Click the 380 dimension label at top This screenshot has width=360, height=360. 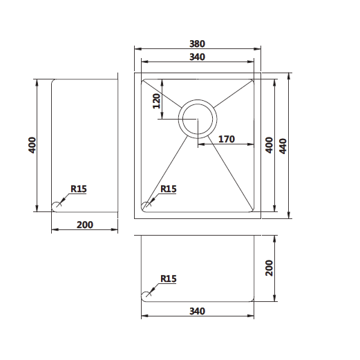pyautogui.click(x=197, y=44)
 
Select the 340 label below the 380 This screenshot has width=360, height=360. pyautogui.click(x=197, y=57)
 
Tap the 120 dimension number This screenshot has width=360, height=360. pyautogui.click(x=157, y=101)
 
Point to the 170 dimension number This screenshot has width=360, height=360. pyautogui.click(x=227, y=139)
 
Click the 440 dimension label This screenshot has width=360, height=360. pyautogui.click(x=283, y=146)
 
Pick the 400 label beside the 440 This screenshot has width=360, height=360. pyautogui.click(x=269, y=145)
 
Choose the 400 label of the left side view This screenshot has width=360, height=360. pyautogui.click(x=32, y=145)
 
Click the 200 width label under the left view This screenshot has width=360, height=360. pyautogui.click(x=85, y=225)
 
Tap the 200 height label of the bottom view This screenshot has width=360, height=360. pyautogui.click(x=269, y=268)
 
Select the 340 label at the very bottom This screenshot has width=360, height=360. pyautogui.click(x=197, y=311)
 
